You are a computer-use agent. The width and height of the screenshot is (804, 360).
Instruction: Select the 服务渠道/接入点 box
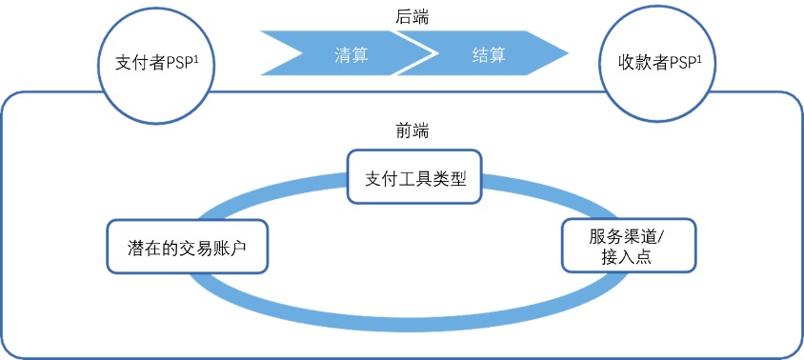626,246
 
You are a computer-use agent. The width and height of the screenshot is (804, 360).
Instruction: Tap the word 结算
489,55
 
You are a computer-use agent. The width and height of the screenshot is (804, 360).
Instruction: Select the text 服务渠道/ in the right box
626,235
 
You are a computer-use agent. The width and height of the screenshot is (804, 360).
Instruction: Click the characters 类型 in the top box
450,176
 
